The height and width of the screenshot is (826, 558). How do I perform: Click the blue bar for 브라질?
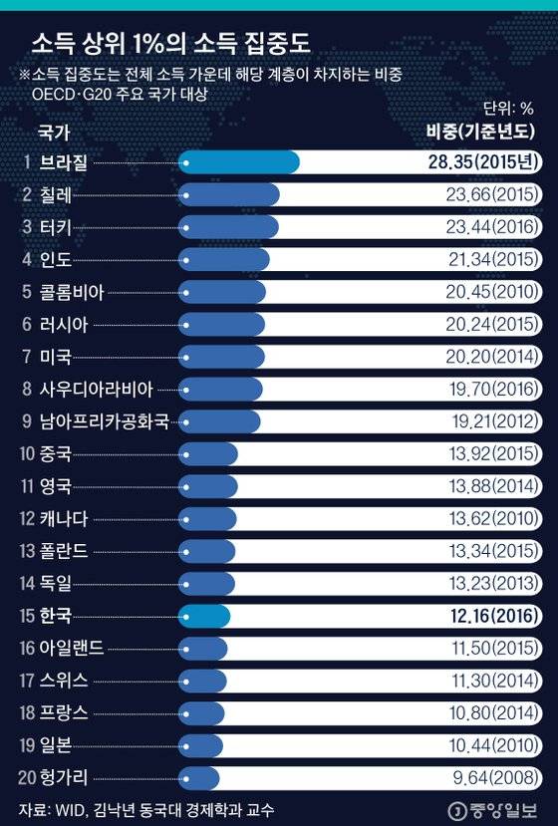coord(239,162)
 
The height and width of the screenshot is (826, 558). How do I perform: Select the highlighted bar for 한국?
coord(204,615)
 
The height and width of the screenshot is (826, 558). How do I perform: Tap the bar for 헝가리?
coord(199,777)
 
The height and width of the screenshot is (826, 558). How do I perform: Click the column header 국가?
coord(54,131)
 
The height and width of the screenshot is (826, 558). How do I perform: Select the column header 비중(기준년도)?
coord(481,132)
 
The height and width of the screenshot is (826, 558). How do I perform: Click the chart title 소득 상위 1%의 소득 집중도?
coord(168,45)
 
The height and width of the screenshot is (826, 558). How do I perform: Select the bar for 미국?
coord(222,357)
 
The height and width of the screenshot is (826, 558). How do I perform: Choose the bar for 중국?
coord(209,453)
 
